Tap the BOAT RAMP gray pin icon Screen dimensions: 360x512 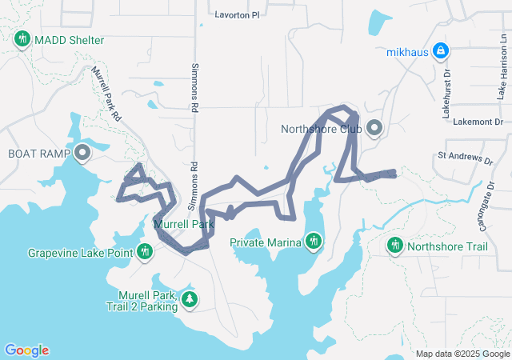click(x=83, y=152)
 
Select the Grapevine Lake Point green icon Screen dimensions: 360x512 click(x=144, y=253)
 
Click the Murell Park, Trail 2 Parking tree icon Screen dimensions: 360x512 click(x=190, y=299)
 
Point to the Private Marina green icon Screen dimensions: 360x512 click(x=314, y=241)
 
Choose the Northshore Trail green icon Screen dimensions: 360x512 click(x=394, y=245)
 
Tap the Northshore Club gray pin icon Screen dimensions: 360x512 click(x=375, y=128)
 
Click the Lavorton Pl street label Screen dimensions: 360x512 click(x=238, y=14)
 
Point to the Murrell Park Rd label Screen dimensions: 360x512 click(x=106, y=94)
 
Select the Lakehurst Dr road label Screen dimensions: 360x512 click(x=446, y=87)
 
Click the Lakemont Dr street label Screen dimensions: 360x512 click(x=477, y=122)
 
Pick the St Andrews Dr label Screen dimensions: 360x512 click(x=464, y=155)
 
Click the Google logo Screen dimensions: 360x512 click(x=26, y=350)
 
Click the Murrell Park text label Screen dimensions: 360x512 click(x=184, y=225)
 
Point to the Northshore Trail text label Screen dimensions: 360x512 click(x=447, y=246)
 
